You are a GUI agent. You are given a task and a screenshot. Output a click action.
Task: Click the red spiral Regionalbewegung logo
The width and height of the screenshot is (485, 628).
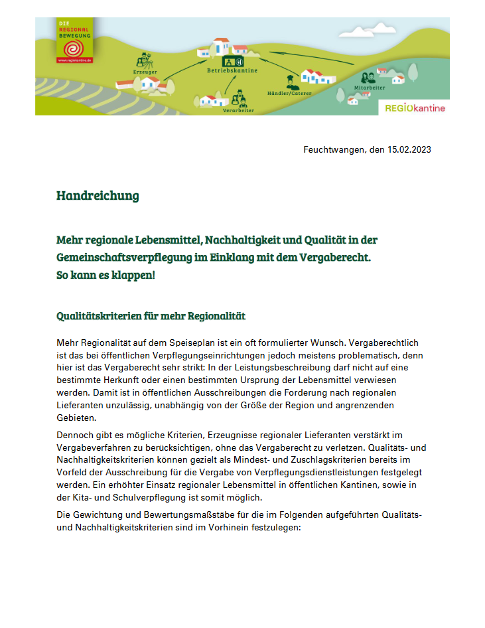pos(74,47)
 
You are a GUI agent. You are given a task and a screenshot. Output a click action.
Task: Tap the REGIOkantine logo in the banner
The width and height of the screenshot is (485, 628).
pos(415,108)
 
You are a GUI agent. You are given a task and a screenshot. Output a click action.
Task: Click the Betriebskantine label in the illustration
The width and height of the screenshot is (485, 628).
pos(231,70)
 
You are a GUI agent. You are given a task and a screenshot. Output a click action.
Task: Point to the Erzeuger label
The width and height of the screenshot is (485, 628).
pos(145,71)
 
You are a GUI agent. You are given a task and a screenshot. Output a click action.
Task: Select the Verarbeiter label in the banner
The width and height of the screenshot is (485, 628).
pos(238,111)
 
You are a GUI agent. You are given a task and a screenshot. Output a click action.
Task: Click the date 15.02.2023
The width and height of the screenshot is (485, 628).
pos(409,149)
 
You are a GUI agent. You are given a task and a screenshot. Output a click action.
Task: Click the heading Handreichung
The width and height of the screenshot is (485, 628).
pos(98,196)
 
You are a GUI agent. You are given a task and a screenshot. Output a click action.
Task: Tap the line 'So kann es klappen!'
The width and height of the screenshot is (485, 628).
pos(105,274)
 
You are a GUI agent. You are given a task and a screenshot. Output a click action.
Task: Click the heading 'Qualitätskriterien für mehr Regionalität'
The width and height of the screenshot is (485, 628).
pos(151,316)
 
